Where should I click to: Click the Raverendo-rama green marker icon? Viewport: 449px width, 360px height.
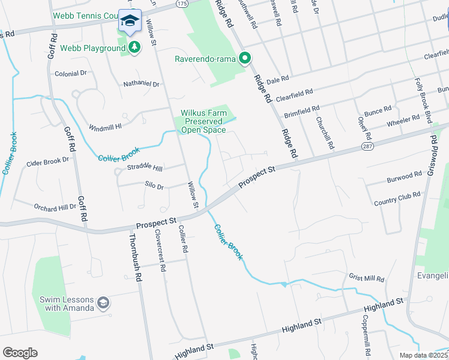click(x=245, y=59)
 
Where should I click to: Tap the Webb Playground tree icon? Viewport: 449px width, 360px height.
click(x=134, y=47)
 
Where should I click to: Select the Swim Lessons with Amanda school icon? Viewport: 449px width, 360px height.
click(x=104, y=303)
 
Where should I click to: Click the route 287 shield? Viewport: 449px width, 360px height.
click(x=366, y=146)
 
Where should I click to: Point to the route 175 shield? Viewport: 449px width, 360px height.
click(x=182, y=4)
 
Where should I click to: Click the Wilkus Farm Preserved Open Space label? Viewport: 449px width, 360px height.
click(x=203, y=121)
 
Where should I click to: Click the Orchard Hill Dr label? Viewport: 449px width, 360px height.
click(x=55, y=206)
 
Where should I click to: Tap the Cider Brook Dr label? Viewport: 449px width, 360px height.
click(x=48, y=161)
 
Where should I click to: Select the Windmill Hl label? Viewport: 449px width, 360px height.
click(x=105, y=127)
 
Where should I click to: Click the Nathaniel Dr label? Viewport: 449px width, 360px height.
click(x=141, y=84)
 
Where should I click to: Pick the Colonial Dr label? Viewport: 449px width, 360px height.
click(x=71, y=73)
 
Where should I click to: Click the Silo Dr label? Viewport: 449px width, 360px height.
click(x=154, y=187)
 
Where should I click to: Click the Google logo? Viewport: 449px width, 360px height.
click(x=20, y=353)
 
